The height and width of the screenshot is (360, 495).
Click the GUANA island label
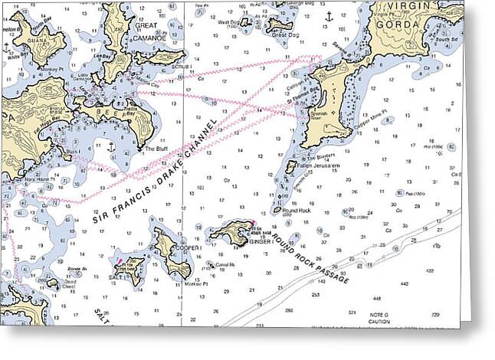click(36, 42)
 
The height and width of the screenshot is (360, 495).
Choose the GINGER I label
click(264, 241)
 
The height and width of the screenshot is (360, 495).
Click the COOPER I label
click(188, 248)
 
